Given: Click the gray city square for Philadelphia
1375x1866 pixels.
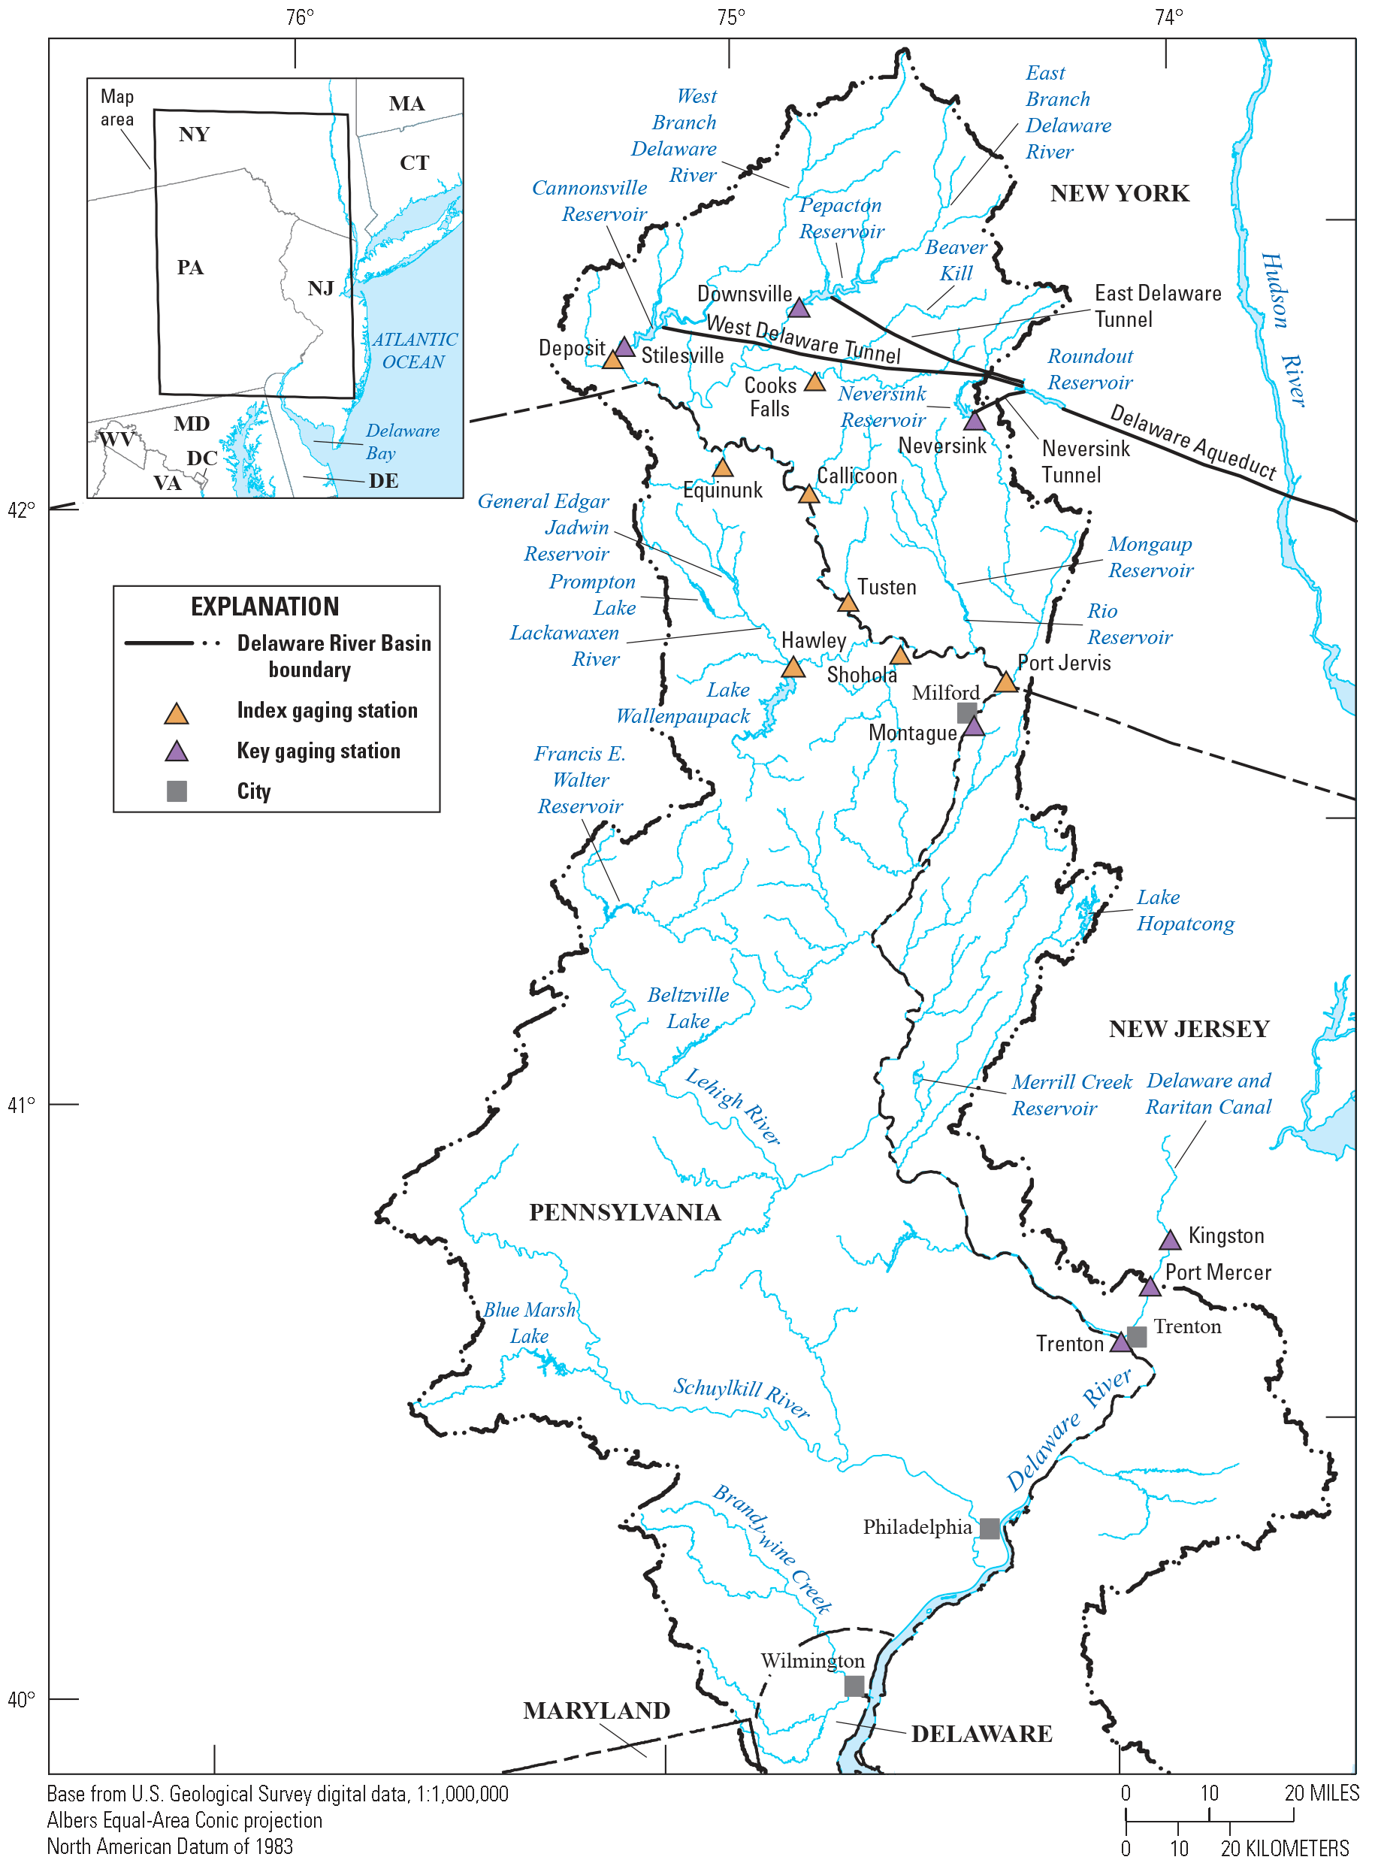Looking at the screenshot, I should click(x=989, y=1528).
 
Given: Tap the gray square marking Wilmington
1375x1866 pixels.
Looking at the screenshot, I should click(x=854, y=1686).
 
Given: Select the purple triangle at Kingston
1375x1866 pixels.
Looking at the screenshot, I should click(x=1169, y=1240).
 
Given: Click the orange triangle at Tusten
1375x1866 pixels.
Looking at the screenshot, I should click(x=848, y=603).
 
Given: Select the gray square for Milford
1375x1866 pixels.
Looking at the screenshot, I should click(x=966, y=712).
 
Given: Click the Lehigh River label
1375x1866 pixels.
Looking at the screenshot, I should click(x=733, y=1106).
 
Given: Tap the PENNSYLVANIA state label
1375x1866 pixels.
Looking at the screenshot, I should click(x=624, y=1212).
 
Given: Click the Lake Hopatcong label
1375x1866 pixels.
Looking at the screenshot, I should click(x=1185, y=911).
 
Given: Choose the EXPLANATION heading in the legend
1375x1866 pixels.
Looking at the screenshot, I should click(x=264, y=606).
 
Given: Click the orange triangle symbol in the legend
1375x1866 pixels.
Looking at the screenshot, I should click(x=177, y=714).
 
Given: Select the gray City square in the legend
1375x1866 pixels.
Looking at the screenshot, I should click(x=177, y=791).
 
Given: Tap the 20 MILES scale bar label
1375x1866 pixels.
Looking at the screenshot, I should click(x=1321, y=1793).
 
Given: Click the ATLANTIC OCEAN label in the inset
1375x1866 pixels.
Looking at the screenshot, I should click(x=414, y=350).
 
